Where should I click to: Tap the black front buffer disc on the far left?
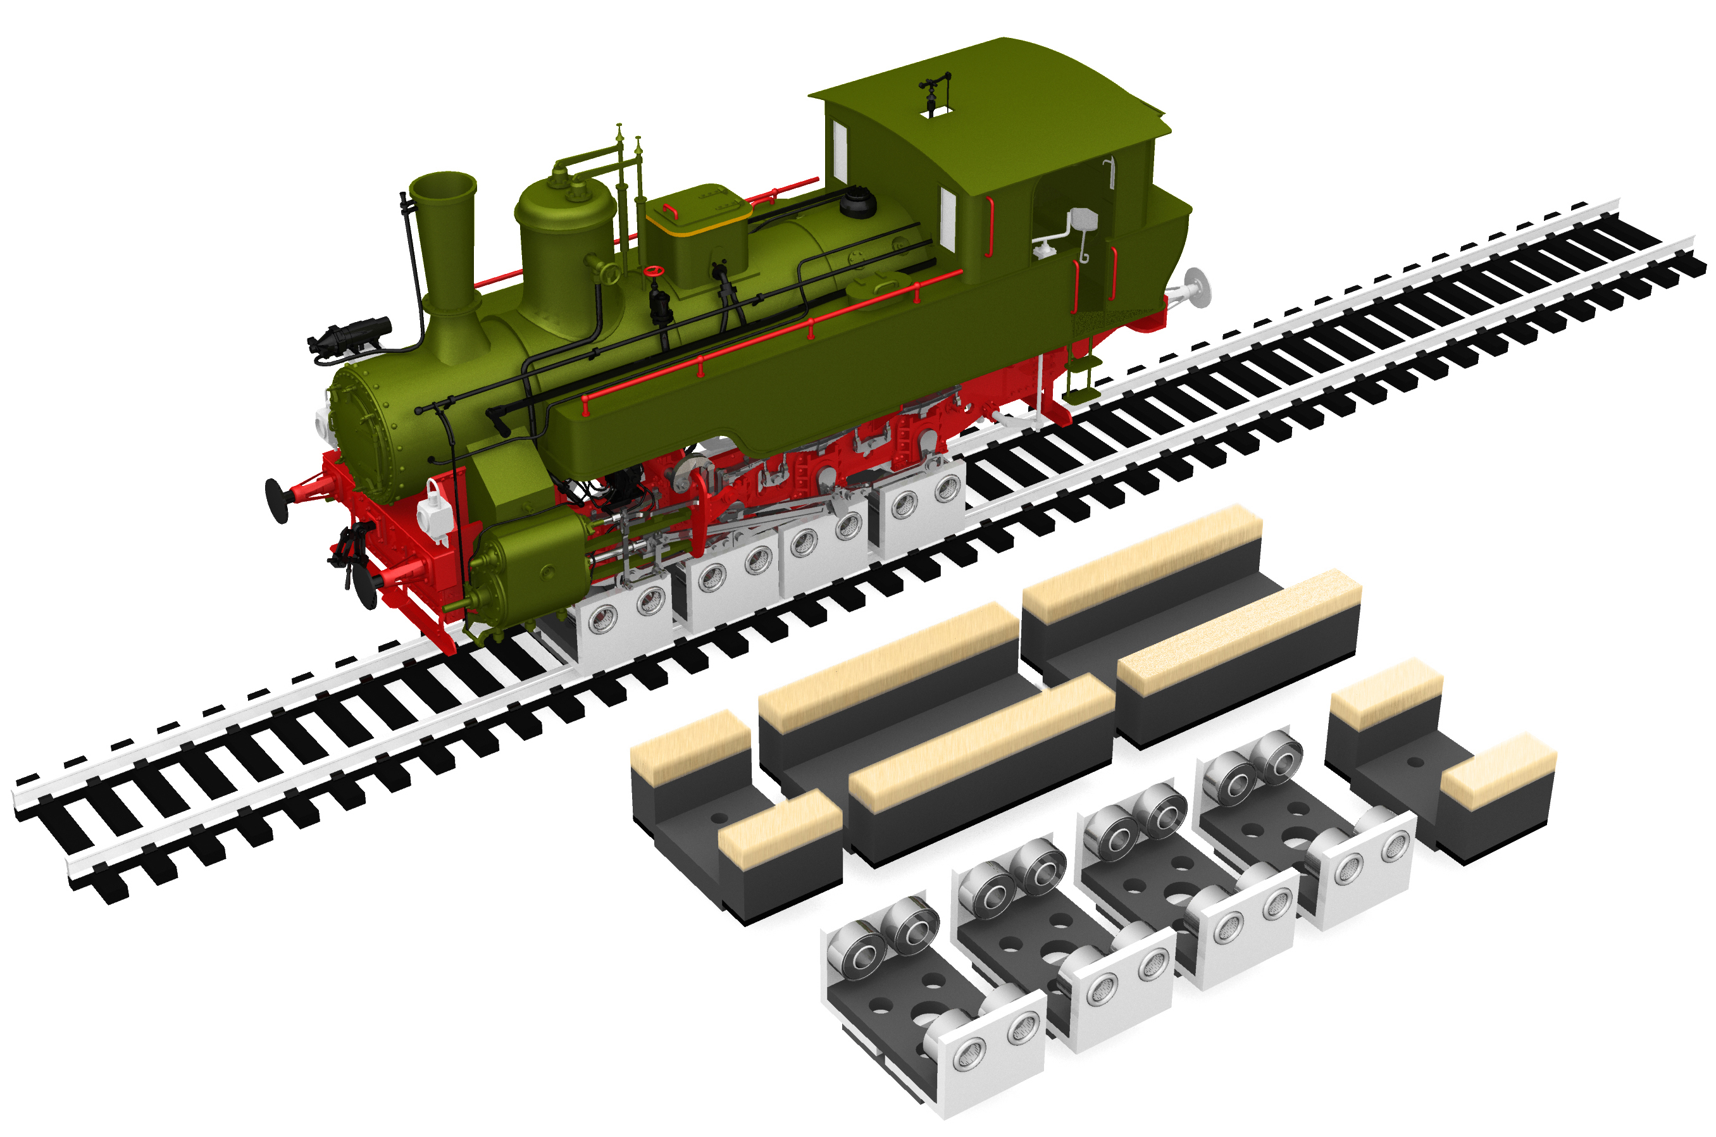click(277, 500)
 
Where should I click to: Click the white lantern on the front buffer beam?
click(434, 511)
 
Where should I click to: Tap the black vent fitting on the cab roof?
click(933, 90)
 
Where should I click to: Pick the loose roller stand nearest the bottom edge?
click(935, 1008)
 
